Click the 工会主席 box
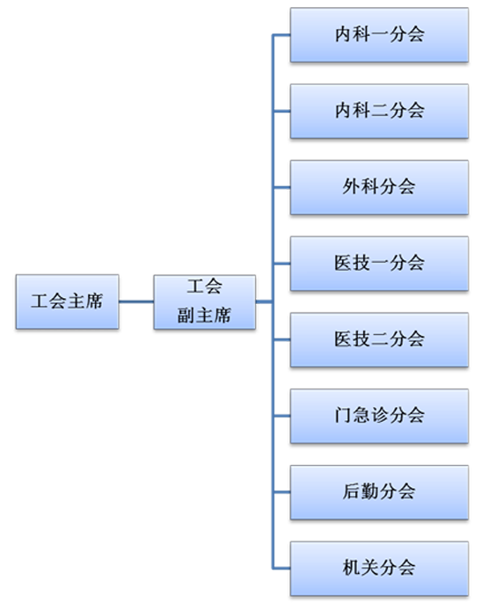(68, 301)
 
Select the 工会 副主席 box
(205, 302)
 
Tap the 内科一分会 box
(379, 34)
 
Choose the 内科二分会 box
(379, 111)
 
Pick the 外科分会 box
(379, 187)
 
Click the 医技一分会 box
(379, 264)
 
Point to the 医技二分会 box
(379, 339)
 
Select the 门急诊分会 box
(379, 416)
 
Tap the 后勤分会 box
(379, 492)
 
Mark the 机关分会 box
(379, 569)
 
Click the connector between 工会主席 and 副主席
(136, 301)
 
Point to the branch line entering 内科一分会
(282, 35)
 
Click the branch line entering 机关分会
(282, 569)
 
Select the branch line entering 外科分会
(282, 187)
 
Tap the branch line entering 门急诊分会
(282, 416)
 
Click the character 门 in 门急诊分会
(343, 415)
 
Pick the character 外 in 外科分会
(351, 186)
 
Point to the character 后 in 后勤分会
(351, 491)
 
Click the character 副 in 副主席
(186, 316)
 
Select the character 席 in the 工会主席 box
(94, 301)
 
